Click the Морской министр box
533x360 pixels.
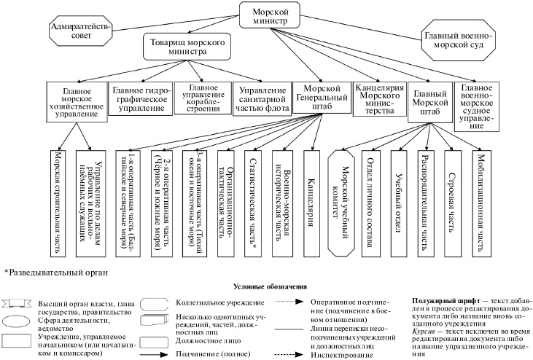pyautogui.click(x=270, y=15)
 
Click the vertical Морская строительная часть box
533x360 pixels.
pyautogui.click(x=60, y=200)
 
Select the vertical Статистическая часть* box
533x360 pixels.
pyautogui.click(x=253, y=200)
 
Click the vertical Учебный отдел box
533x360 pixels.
pyautogui.click(x=398, y=200)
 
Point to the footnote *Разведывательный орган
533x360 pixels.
pyautogui.click(x=57, y=273)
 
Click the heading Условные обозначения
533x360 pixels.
pyautogui.click(x=270, y=287)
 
